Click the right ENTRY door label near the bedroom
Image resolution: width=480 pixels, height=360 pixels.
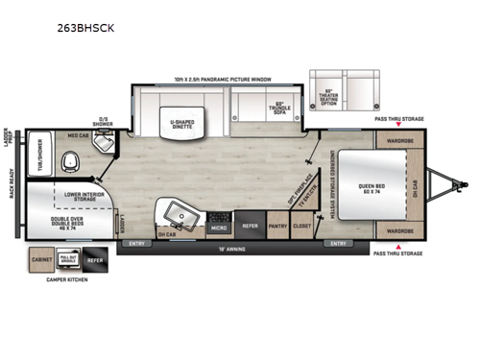338,244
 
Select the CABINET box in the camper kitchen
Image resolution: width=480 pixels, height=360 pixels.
41,260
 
